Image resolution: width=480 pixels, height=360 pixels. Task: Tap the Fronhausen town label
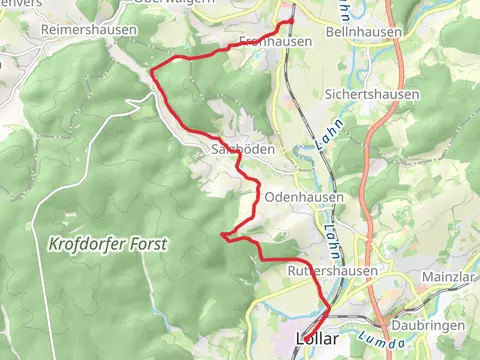click(x=276, y=42)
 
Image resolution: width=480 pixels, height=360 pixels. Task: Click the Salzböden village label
click(x=237, y=149)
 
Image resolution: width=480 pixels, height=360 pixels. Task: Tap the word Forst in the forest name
click(x=145, y=243)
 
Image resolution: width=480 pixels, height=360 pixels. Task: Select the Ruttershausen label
click(x=332, y=271)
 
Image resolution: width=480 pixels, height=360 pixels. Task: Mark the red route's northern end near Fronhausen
click(x=292, y=19)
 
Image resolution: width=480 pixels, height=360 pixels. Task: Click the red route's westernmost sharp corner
click(x=151, y=70)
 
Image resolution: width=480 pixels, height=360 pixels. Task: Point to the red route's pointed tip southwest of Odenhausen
click(x=221, y=235)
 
